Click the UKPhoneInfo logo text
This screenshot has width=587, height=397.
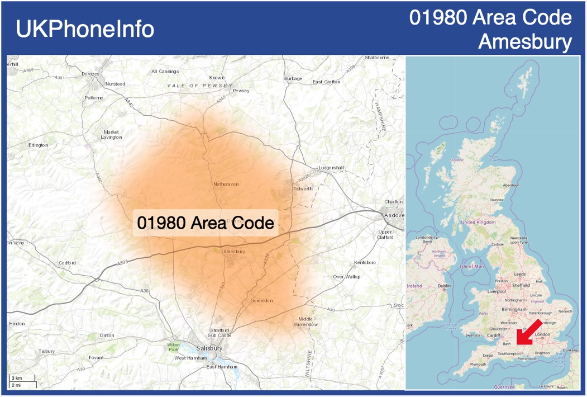click(x=85, y=29)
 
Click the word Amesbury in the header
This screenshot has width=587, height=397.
click(x=525, y=41)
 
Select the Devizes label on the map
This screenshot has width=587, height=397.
click(x=90, y=74)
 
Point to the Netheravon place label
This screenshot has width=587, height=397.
click(x=226, y=183)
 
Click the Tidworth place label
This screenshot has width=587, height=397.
click(x=303, y=188)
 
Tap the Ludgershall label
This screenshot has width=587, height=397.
click(x=331, y=168)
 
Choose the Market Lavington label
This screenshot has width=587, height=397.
click(x=111, y=134)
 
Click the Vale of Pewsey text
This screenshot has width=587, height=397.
click(x=199, y=86)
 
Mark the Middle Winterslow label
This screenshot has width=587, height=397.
click(x=306, y=321)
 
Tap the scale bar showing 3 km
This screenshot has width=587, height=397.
click(x=17, y=379)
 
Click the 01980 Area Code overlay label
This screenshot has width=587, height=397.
click(x=206, y=223)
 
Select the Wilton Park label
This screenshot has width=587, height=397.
click(x=174, y=347)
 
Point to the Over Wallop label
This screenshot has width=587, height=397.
click(x=346, y=277)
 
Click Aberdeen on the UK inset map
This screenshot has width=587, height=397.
click(x=510, y=185)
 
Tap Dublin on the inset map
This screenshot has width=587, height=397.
click(x=444, y=286)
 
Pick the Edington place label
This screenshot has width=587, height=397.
click(x=38, y=145)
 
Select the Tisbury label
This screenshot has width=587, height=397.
click(x=46, y=351)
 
